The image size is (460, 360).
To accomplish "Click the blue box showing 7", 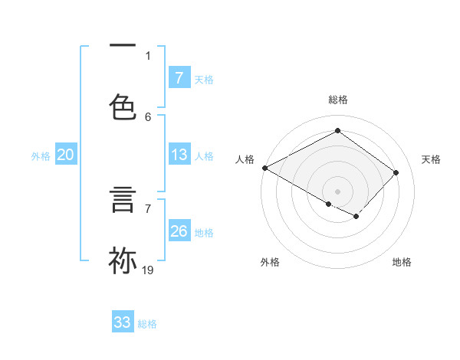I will pyautogui.click(x=179, y=77).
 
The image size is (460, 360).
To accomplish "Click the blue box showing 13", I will pyautogui.click(x=179, y=155).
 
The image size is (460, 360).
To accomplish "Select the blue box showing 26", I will pyautogui.click(x=179, y=231).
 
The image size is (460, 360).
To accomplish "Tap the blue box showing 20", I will pyautogui.click(x=65, y=155).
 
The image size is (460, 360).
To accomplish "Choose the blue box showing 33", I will pyautogui.click(x=123, y=322).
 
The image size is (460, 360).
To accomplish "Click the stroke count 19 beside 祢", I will pyautogui.click(x=148, y=270).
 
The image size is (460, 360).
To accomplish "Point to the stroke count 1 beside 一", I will pyautogui.click(x=148, y=55).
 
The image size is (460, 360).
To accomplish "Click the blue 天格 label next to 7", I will pyautogui.click(x=204, y=79).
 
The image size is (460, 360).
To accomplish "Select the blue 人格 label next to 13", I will pyautogui.click(x=204, y=156).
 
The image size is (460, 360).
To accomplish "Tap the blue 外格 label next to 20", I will pyautogui.click(x=41, y=156).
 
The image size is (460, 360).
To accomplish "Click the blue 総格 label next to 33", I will pyautogui.click(x=147, y=324).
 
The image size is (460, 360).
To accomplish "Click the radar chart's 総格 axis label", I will pyautogui.click(x=337, y=100).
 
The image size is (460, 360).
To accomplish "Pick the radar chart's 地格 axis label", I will pyautogui.click(x=402, y=262).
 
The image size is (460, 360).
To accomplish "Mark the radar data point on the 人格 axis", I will pyautogui.click(x=264, y=168).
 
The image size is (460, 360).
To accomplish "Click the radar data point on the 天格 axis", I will pyautogui.click(x=396, y=172).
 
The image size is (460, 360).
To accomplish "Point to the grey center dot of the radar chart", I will pyautogui.click(x=337, y=191).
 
